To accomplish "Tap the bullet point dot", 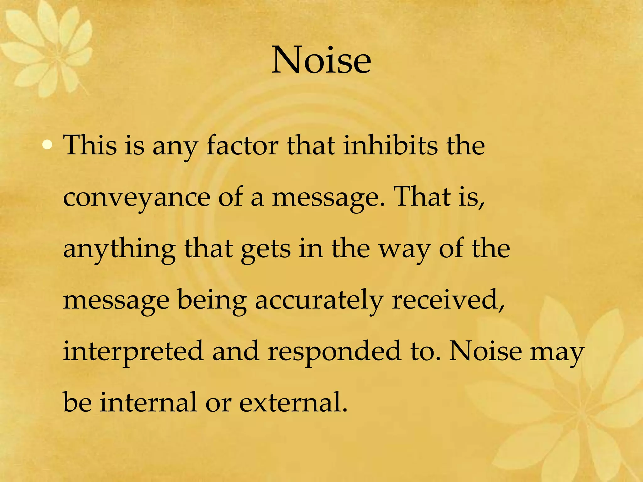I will click(47, 145).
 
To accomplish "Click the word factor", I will click(242, 145).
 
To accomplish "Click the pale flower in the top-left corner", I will click(47, 47).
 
